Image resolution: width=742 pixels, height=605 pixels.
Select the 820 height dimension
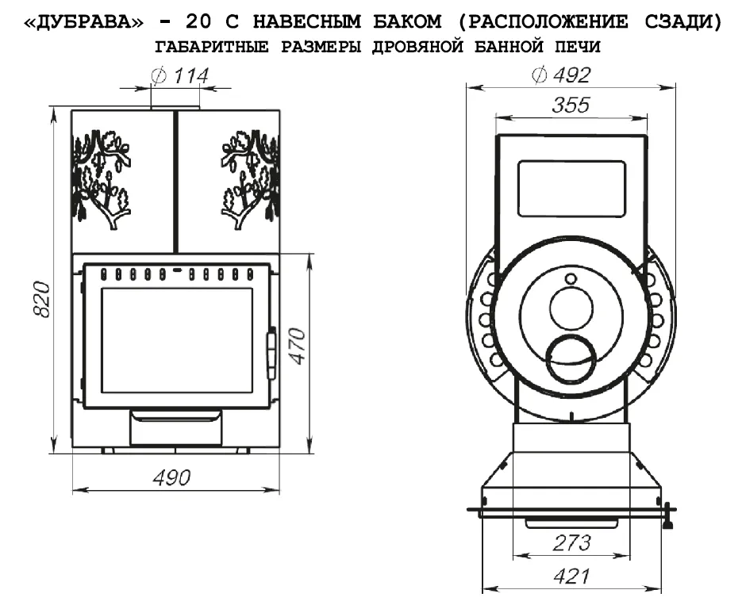point(42,300)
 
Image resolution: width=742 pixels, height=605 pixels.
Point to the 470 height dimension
point(297,346)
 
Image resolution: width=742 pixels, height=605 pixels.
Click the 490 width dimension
point(171,478)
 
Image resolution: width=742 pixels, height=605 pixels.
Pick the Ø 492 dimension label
point(561,75)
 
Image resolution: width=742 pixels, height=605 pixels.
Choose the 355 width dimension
point(571,105)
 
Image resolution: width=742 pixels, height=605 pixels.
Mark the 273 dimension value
point(571,543)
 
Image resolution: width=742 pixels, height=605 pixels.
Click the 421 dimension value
point(571,576)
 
